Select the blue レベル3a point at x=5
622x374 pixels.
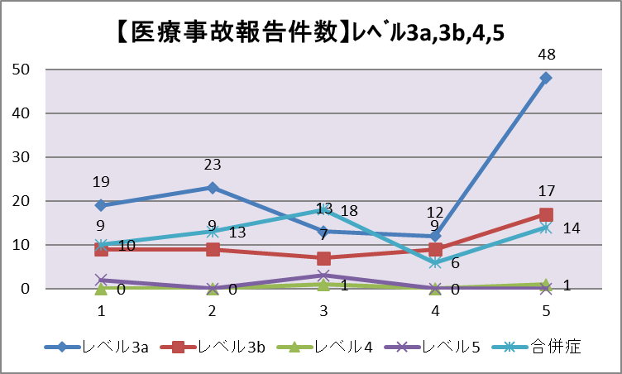click(x=546, y=78)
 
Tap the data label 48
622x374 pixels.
click(x=546, y=55)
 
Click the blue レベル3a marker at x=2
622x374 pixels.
click(x=213, y=188)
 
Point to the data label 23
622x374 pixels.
click(x=213, y=165)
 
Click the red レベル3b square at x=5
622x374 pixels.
click(x=546, y=214)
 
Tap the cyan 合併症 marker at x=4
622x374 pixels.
click(x=435, y=262)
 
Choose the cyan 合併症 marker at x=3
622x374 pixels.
click(x=324, y=210)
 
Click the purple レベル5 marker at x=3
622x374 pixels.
click(x=324, y=276)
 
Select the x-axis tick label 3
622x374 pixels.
click(x=324, y=311)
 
